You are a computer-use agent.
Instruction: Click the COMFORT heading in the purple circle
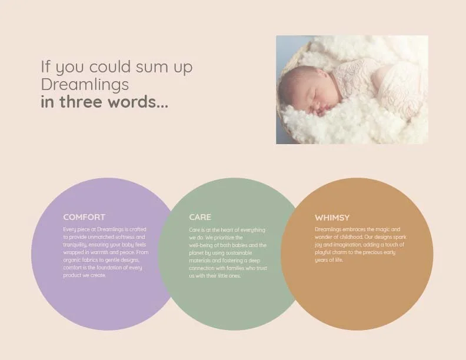coord(84,217)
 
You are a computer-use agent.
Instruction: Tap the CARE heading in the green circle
coord(200,217)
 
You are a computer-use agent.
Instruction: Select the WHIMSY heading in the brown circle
coord(332,218)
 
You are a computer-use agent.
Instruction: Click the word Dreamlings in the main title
coord(85,85)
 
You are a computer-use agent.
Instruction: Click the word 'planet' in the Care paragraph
coord(197,253)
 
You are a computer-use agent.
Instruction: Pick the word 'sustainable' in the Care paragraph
coord(239,253)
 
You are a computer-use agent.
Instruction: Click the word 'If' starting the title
coord(45,67)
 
